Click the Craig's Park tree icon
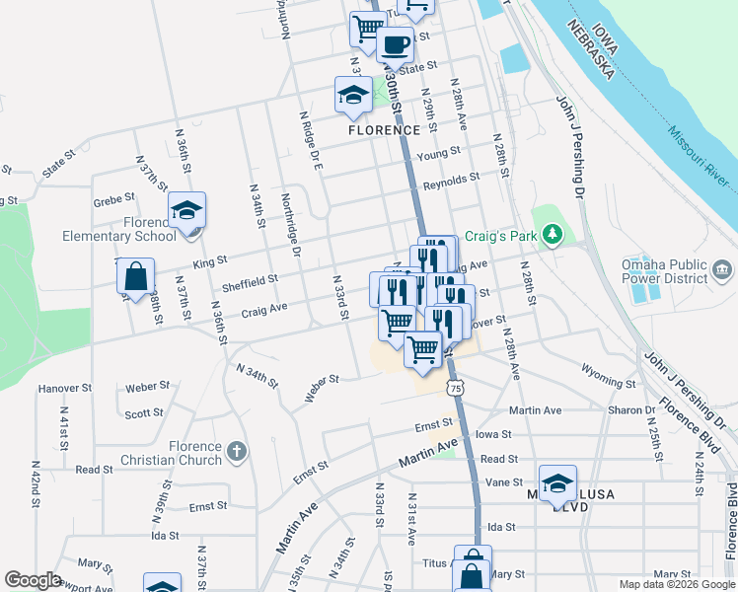click(x=553, y=234)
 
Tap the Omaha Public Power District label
click(x=664, y=271)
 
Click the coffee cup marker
click(x=395, y=44)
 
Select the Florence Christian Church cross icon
click(x=235, y=452)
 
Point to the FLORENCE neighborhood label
click(x=384, y=130)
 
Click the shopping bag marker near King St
click(x=135, y=277)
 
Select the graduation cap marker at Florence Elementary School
click(x=185, y=210)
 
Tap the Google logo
click(x=33, y=580)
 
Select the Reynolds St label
click(x=451, y=182)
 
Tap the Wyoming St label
click(x=610, y=381)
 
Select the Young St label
click(x=439, y=155)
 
